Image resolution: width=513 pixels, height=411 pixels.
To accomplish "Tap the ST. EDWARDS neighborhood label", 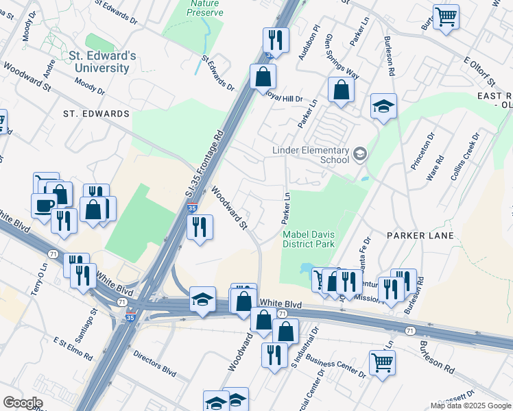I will (x=96, y=113).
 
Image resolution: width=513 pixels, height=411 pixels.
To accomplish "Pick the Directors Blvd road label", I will (x=155, y=362).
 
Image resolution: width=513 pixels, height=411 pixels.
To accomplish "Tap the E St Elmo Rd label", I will (x=72, y=347).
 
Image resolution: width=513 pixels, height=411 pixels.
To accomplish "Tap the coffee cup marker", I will (x=44, y=206).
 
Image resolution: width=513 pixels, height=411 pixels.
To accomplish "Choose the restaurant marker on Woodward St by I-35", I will (x=200, y=227).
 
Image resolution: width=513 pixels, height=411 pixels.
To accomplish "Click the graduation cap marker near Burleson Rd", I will (x=384, y=105).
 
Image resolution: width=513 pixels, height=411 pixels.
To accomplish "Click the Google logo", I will (x=23, y=403).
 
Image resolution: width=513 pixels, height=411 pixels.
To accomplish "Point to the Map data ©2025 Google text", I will (x=470, y=406).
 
